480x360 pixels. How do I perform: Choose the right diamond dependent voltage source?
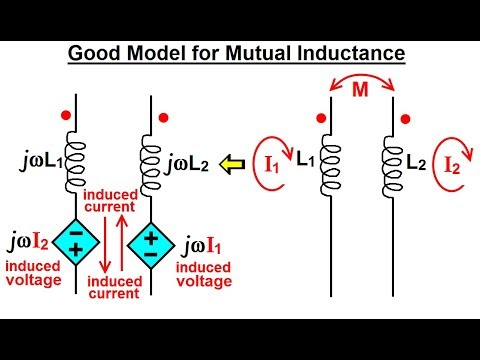(x=150, y=240)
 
